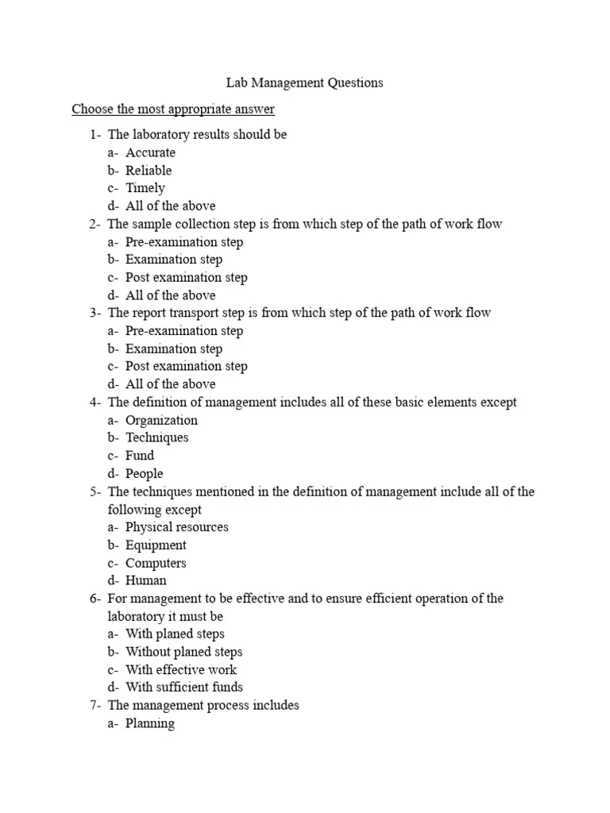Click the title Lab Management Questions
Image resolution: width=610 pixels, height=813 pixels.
coord(300,82)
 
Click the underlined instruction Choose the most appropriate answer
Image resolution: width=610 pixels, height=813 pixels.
coord(173,108)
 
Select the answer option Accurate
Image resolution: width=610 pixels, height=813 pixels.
coord(150,152)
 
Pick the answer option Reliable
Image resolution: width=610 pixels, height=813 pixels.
coord(149,170)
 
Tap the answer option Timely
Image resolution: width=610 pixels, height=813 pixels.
coord(145,188)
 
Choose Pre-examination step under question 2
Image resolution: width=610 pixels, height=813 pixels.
coord(184,241)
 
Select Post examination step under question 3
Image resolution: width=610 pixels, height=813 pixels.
coord(186,366)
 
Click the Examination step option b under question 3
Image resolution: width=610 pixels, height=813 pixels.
coord(174,349)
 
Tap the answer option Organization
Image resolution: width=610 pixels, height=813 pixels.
coord(161,420)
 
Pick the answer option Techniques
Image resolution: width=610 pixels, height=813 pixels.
coord(157,437)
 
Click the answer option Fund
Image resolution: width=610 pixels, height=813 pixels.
coord(140,456)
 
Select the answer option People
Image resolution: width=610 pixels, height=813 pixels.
coord(144,473)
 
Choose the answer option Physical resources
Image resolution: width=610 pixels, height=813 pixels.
coord(176,527)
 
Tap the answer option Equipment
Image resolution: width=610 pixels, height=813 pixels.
coord(156,545)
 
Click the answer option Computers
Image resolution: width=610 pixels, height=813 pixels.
coord(156,563)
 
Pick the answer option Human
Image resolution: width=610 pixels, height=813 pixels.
coord(146,580)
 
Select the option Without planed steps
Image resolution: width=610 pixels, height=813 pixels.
coord(184,652)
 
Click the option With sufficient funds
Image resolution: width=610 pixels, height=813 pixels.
coord(184,687)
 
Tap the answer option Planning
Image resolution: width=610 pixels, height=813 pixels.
coord(150,723)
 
